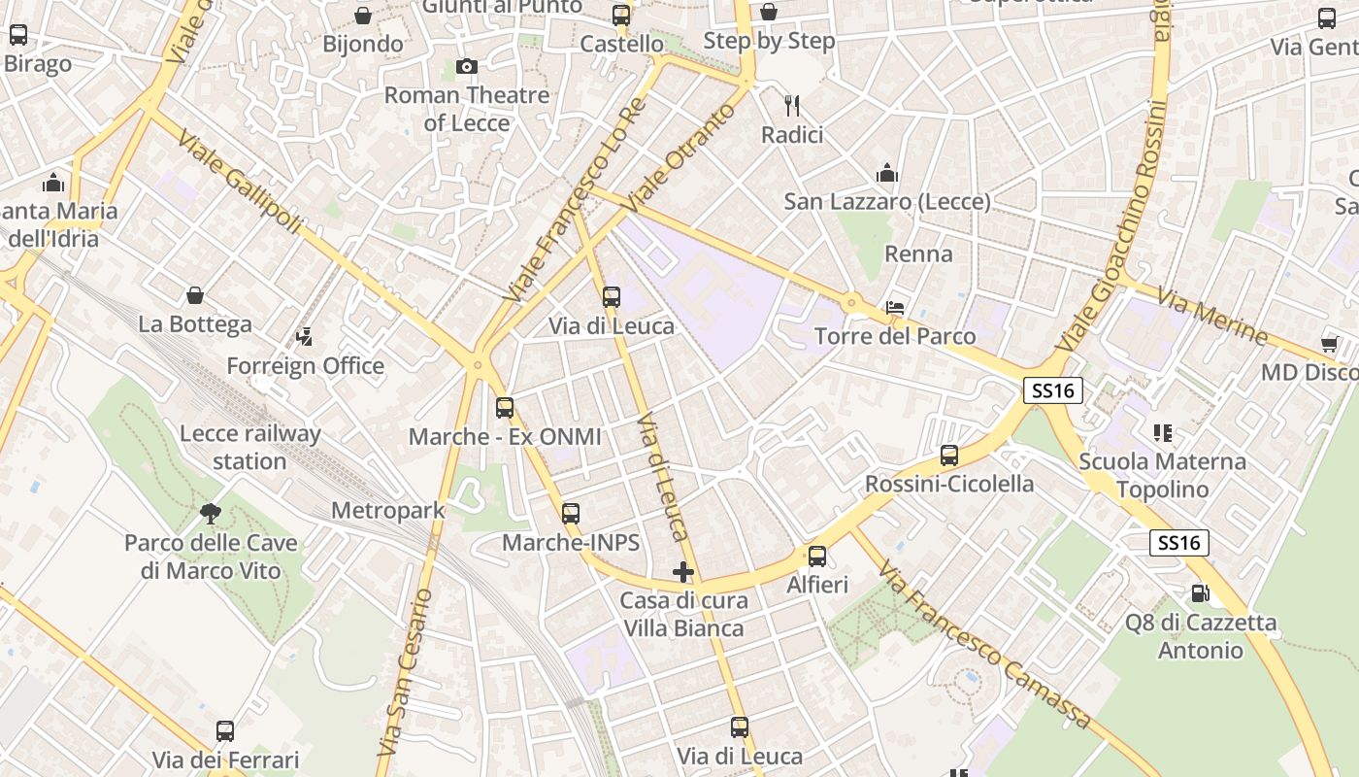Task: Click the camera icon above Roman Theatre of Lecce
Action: [467, 66]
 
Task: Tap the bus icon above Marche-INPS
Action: [571, 514]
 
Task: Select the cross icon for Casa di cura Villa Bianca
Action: [683, 572]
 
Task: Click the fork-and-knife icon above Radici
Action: [792, 105]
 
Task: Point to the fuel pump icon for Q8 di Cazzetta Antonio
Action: [1201, 592]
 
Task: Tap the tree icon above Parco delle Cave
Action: [211, 513]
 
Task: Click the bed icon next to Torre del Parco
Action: [895, 308]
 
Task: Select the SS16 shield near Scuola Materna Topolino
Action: [1053, 390]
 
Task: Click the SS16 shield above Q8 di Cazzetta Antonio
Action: [1179, 543]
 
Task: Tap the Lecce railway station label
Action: [250, 447]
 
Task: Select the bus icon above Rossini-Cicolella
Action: [949, 455]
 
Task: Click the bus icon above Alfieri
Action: [817, 556]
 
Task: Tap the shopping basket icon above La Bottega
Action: [195, 295]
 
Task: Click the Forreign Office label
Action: [306, 366]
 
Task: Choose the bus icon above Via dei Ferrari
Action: [225, 730]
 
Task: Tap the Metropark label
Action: [387, 510]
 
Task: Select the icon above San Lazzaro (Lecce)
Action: [886, 174]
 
